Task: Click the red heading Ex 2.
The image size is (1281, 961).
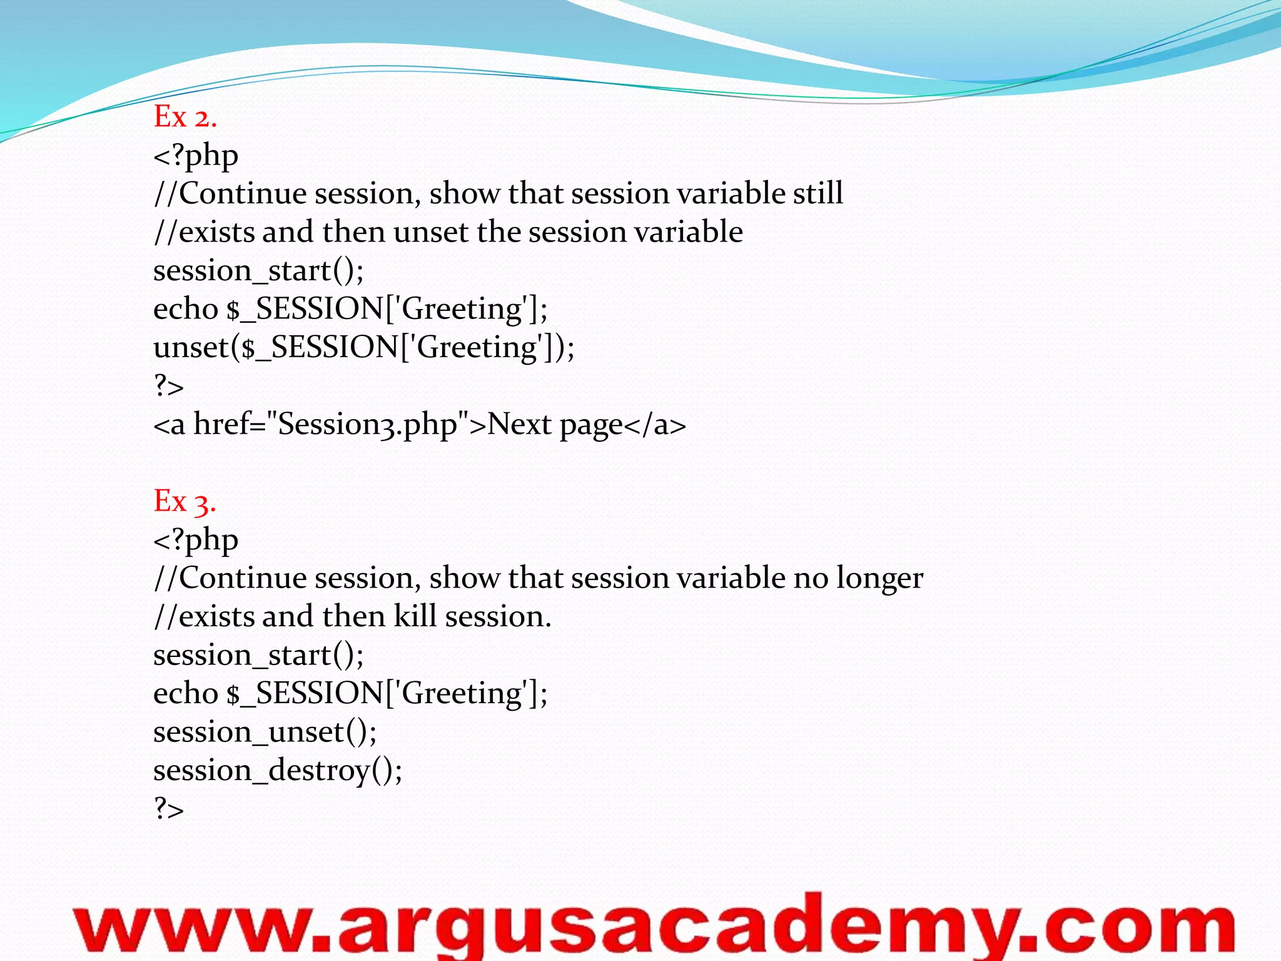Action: (185, 117)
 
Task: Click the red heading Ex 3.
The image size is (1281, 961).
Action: (185, 501)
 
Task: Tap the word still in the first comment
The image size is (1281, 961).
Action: (818, 193)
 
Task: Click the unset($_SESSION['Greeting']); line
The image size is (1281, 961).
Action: (363, 348)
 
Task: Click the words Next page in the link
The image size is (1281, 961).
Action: (555, 425)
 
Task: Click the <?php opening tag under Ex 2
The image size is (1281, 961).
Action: (196, 156)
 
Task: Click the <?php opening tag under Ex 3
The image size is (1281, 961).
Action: (196, 540)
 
